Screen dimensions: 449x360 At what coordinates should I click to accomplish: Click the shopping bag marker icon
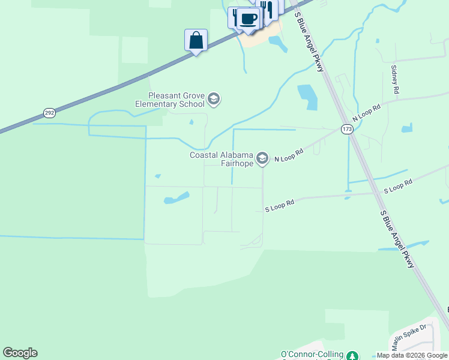pyautogui.click(x=196, y=41)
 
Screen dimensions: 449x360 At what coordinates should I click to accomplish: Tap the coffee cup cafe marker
pyautogui.click(x=248, y=18)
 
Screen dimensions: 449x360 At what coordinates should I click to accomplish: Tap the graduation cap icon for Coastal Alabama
pyautogui.click(x=262, y=158)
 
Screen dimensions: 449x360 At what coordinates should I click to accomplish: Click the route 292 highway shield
pyautogui.click(x=49, y=113)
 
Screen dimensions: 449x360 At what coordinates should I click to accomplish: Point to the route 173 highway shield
pyautogui.click(x=346, y=129)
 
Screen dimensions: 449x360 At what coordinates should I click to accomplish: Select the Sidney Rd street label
pyautogui.click(x=394, y=79)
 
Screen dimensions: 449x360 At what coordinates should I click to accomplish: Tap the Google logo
pyautogui.click(x=20, y=353)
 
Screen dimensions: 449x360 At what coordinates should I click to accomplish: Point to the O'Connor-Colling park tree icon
pyautogui.click(x=354, y=356)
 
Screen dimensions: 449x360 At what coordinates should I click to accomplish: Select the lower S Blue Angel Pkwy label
pyautogui.click(x=397, y=239)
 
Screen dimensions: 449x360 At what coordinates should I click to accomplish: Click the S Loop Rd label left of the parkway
pyautogui.click(x=280, y=206)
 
